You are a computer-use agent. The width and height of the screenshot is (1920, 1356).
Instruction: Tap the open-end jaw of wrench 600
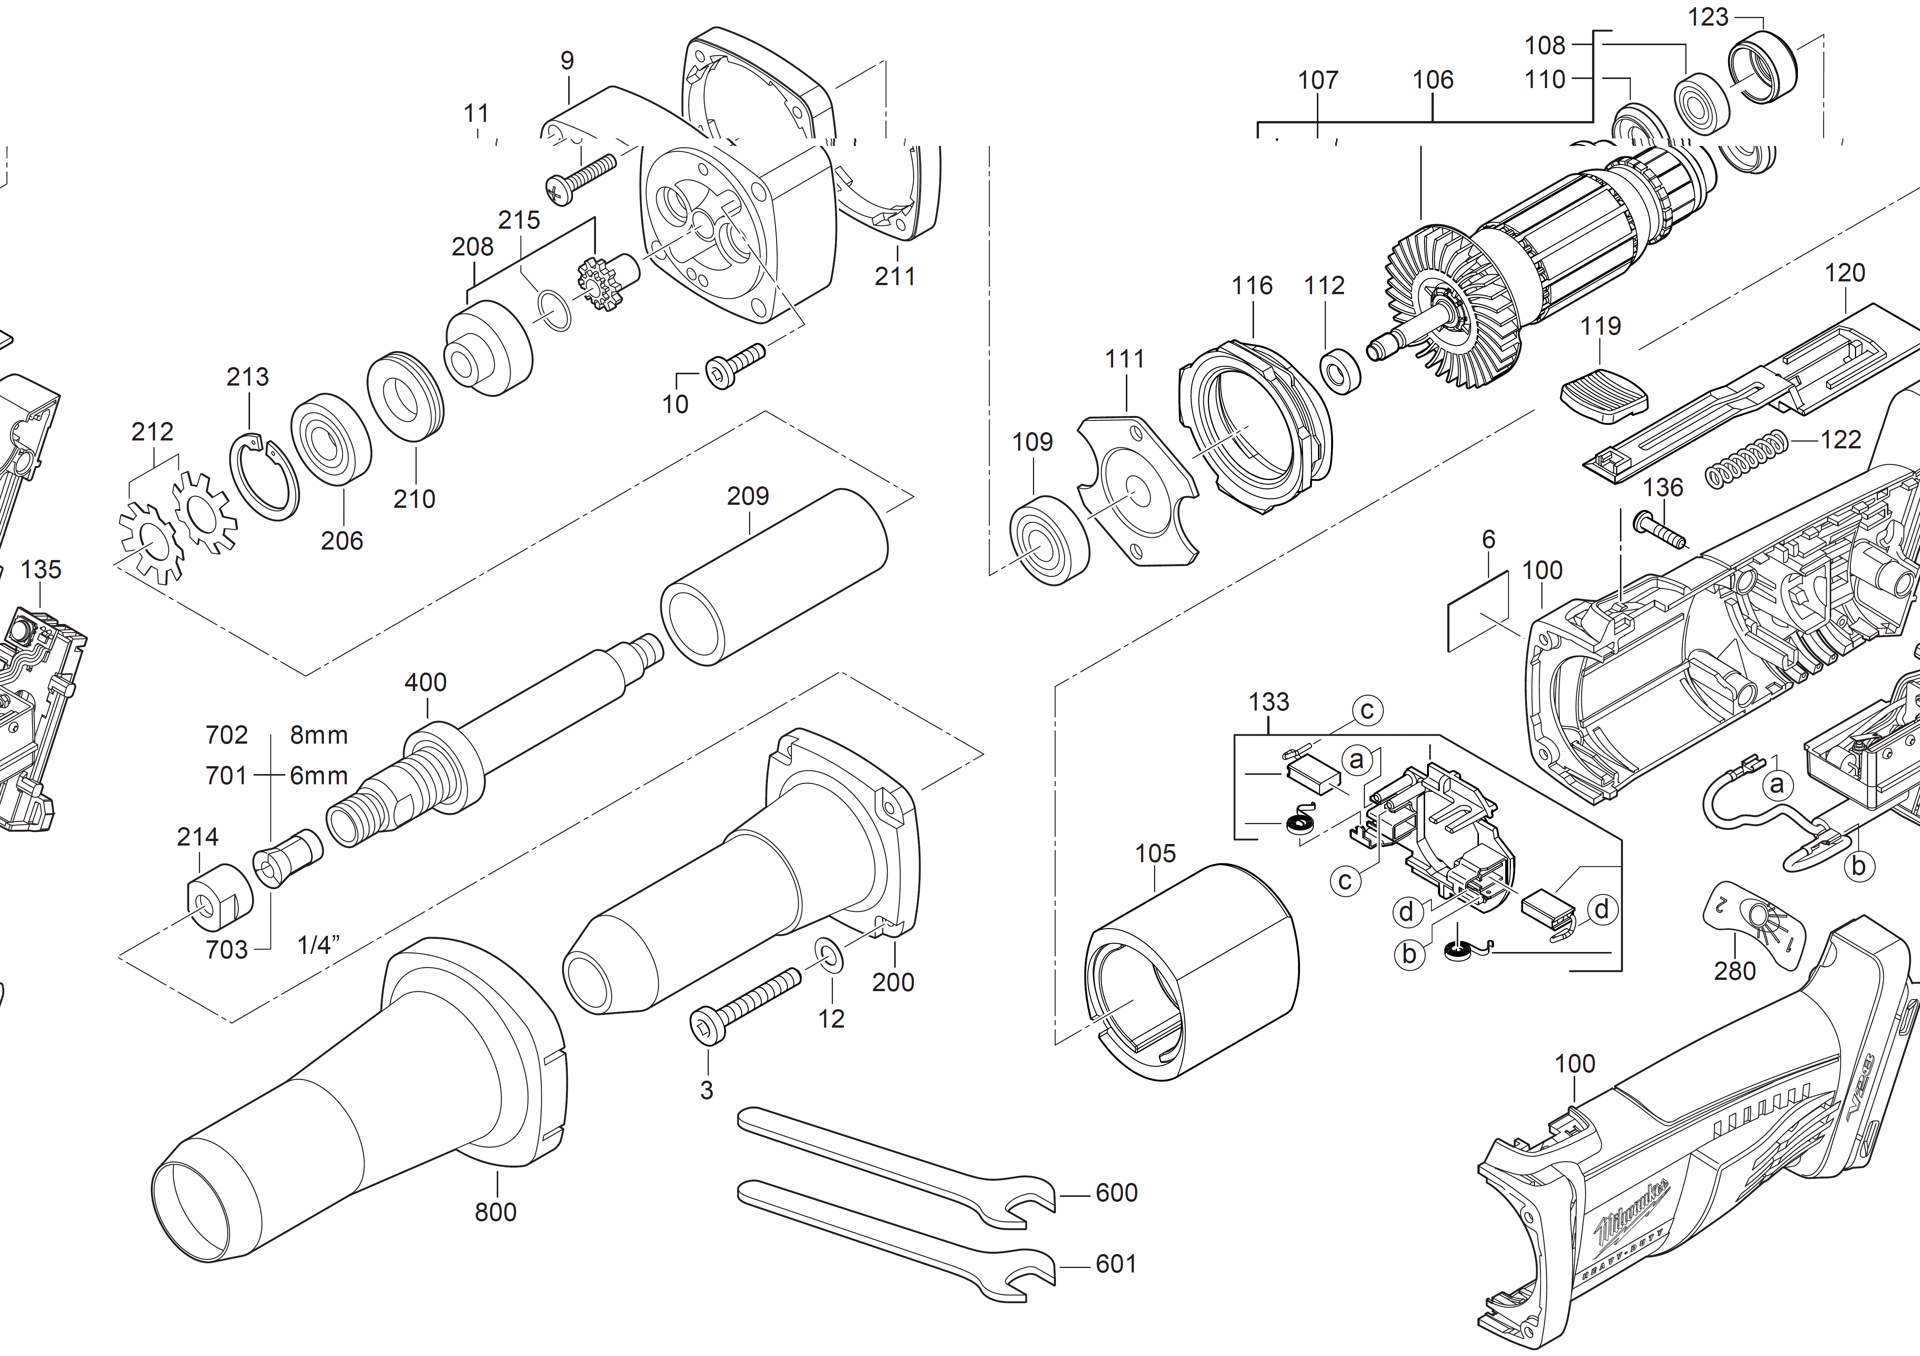(x=1030, y=1203)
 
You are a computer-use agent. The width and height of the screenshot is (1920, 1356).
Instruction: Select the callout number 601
(x=1116, y=1264)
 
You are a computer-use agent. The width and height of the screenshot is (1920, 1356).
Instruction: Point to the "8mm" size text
(x=318, y=735)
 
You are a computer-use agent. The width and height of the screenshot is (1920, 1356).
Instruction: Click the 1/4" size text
(x=318, y=945)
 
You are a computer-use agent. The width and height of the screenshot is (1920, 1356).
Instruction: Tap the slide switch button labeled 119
(x=1603, y=401)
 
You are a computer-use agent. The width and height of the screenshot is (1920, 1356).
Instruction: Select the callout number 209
(x=748, y=496)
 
